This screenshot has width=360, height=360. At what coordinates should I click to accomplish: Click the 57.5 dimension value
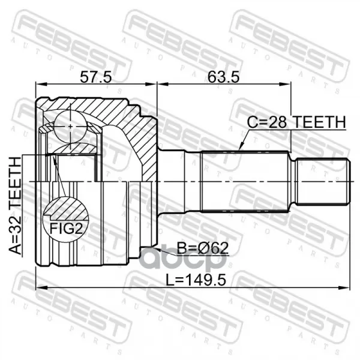tap(96, 77)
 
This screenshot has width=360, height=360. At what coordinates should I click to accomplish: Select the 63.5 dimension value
tap(223, 77)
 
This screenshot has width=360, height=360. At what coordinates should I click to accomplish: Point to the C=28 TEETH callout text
tap(296, 122)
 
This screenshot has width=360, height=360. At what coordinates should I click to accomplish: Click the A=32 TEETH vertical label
tap(15, 205)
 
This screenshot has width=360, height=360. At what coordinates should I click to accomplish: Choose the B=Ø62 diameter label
tap(203, 248)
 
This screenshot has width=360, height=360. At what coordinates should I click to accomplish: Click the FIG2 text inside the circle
tap(66, 229)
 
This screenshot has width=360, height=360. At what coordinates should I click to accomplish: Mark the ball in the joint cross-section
tap(70, 126)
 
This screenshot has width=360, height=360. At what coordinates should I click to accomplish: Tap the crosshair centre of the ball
tap(70, 126)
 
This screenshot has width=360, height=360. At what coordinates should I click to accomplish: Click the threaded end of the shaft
tap(323, 181)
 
